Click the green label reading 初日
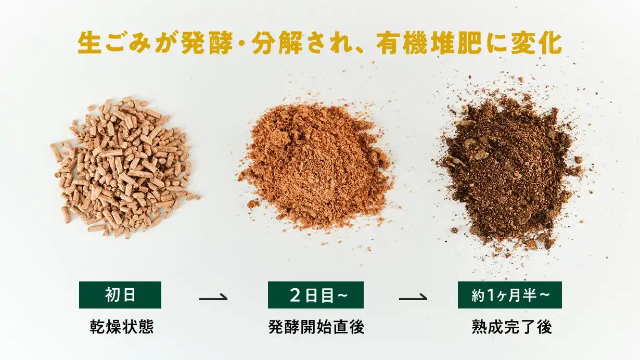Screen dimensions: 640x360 pyautogui.click(x=120, y=295)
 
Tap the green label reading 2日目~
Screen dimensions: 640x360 pyautogui.click(x=316, y=295)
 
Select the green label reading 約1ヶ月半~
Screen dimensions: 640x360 pyautogui.click(x=510, y=295)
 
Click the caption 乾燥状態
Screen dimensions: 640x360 pyautogui.click(x=122, y=327)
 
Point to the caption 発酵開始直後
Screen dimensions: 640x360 pyautogui.click(x=316, y=327)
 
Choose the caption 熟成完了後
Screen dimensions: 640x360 pyautogui.click(x=511, y=327)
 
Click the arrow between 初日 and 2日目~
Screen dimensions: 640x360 pyautogui.click(x=213, y=298)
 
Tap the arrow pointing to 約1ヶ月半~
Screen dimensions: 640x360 pyautogui.click(x=413, y=298)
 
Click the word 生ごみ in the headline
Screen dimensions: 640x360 pyautogui.click(x=114, y=43)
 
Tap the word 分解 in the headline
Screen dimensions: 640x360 pyautogui.click(x=277, y=43)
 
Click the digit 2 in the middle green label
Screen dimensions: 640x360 pyautogui.click(x=295, y=295)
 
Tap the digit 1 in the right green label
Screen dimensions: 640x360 pyautogui.click(x=491, y=295)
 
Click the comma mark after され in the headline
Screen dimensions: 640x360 pyautogui.click(x=360, y=50)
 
